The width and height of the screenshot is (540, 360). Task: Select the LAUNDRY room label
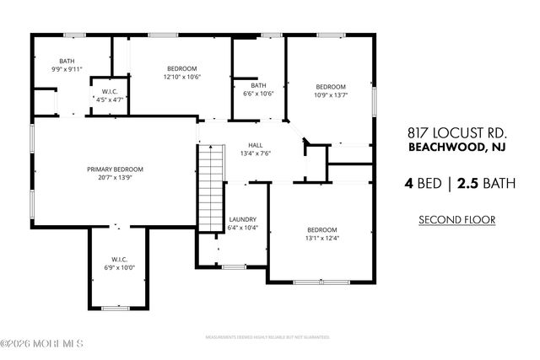click(x=242, y=220)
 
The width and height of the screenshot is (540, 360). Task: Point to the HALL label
click(x=255, y=145)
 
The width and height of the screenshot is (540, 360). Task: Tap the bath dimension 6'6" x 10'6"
click(x=258, y=94)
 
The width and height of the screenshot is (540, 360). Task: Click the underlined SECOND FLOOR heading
click(x=456, y=220)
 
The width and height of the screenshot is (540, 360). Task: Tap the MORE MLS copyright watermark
click(x=42, y=344)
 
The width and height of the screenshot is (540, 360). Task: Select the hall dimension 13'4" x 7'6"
click(x=255, y=153)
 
